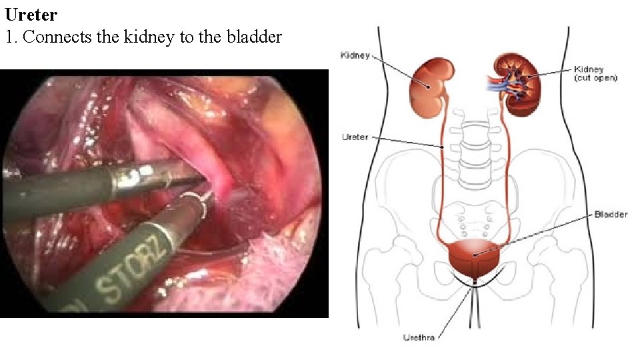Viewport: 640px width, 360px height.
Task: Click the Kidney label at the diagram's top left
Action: (x=355, y=55)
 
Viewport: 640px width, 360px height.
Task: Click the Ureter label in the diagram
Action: (x=355, y=137)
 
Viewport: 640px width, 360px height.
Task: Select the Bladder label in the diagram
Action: (x=610, y=215)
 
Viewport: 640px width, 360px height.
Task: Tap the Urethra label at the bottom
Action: (x=419, y=337)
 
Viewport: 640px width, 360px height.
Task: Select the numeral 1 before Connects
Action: (x=9, y=37)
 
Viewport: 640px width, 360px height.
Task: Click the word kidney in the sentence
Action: (x=149, y=37)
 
